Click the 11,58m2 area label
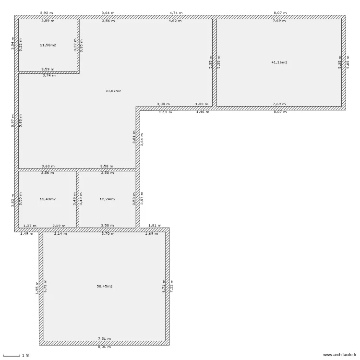click(x=48, y=45)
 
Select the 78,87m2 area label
click(x=113, y=91)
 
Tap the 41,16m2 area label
click(x=279, y=62)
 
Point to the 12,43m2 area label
click(x=48, y=199)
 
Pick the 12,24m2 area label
click(x=107, y=199)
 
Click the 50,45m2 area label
click(x=105, y=287)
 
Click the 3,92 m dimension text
click(x=47, y=13)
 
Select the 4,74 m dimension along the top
click(x=176, y=13)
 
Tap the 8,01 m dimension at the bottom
click(x=105, y=347)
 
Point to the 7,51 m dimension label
click(x=105, y=338)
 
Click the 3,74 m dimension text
click(x=49, y=75)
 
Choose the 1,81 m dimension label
click(x=155, y=225)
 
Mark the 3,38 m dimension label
click(x=163, y=104)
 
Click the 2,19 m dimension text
click(x=59, y=225)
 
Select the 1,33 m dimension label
click(x=202, y=104)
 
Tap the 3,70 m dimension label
click(x=108, y=233)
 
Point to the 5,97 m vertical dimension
click(x=13, y=120)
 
